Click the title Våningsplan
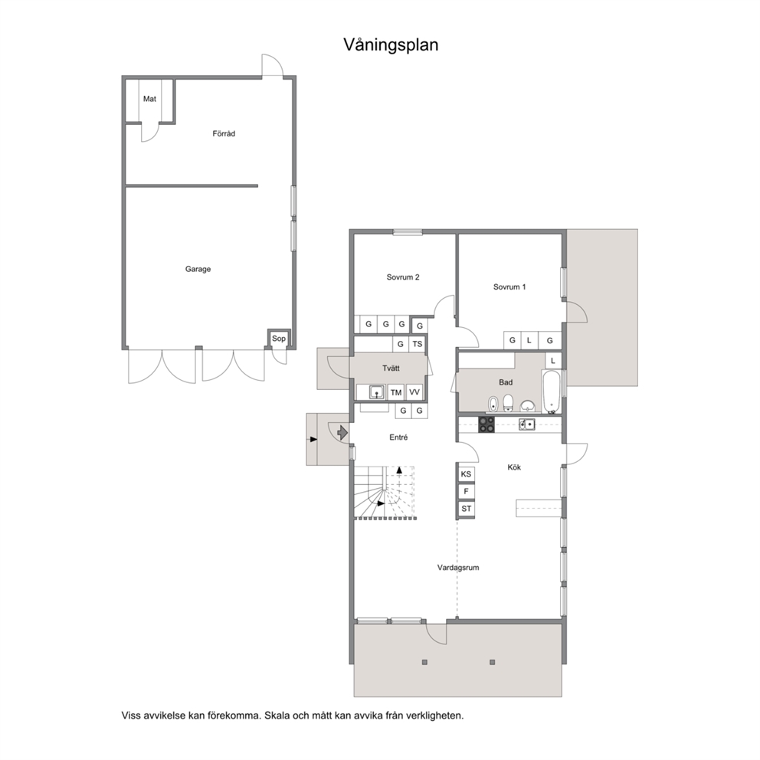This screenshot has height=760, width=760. [391, 45]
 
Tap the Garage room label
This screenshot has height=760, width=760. [198, 269]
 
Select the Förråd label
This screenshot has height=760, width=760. [224, 133]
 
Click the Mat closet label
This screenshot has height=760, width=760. [149, 99]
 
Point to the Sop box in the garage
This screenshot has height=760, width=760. [279, 339]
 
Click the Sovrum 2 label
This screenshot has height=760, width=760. [403, 277]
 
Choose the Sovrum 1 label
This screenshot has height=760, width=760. [509, 287]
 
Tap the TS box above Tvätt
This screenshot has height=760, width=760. [418, 344]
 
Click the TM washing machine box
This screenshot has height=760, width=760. [396, 392]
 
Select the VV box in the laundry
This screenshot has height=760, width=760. [414, 391]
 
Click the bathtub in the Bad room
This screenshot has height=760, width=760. [552, 391]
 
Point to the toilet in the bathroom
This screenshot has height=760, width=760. [508, 401]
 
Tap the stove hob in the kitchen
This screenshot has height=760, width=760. [486, 424]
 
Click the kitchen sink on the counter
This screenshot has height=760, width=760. [526, 424]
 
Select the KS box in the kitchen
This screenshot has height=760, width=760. [466, 474]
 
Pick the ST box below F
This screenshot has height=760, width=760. [466, 509]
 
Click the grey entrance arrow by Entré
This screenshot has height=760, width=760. [342, 432]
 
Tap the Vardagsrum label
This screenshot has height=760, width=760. [458, 568]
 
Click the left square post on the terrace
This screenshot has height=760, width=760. [424, 662]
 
